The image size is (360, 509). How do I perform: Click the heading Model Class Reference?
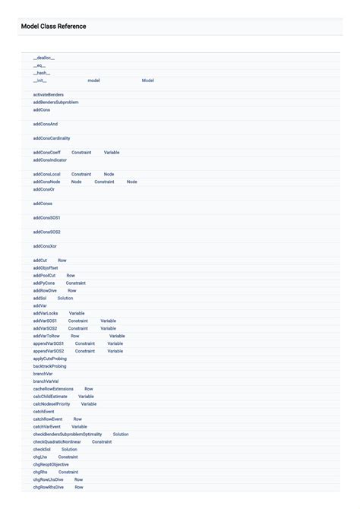pyautogui.click(x=53, y=27)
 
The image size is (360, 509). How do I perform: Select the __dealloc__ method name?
pyautogui.click(x=43, y=58)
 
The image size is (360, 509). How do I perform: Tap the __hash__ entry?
pyautogui.click(x=41, y=73)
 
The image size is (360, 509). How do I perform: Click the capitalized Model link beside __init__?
pyautogui.click(x=148, y=81)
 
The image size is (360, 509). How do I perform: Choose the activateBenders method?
pyautogui.click(x=49, y=95)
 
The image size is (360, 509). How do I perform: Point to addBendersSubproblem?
pyautogui.click(x=55, y=103)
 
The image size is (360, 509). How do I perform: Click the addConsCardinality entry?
pyautogui.click(x=52, y=138)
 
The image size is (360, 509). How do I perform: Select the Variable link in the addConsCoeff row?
pyautogui.click(x=112, y=153)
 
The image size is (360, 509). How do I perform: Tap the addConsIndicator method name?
pyautogui.click(x=50, y=160)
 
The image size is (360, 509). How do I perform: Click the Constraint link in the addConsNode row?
pyautogui.click(x=104, y=182)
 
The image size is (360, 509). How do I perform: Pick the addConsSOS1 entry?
pyautogui.click(x=46, y=218)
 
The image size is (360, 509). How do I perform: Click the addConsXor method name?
pyautogui.click(x=45, y=246)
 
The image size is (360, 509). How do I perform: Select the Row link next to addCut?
pyautogui.click(x=62, y=261)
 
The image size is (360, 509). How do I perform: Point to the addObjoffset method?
pyautogui.click(x=46, y=268)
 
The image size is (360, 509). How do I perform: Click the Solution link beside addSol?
pyautogui.click(x=65, y=299)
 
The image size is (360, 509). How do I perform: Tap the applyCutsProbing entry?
pyautogui.click(x=49, y=359)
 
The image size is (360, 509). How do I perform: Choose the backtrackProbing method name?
pyautogui.click(x=49, y=366)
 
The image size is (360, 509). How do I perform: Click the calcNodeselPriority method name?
pyautogui.click(x=52, y=404)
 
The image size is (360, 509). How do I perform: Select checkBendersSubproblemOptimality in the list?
pyautogui.click(x=68, y=435)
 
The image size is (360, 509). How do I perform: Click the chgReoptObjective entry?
pyautogui.click(x=51, y=464)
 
